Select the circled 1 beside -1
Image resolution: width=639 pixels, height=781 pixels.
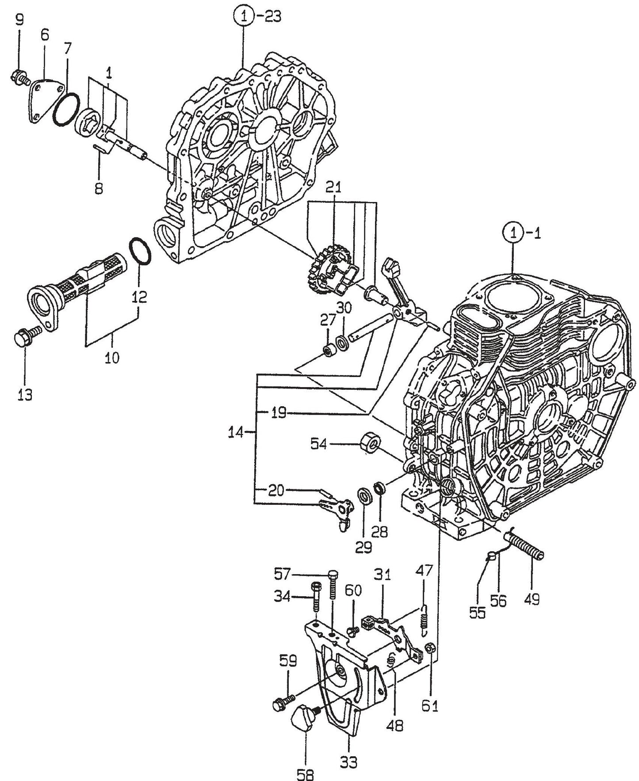point(513,233)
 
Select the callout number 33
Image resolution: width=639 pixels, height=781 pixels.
point(348,762)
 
